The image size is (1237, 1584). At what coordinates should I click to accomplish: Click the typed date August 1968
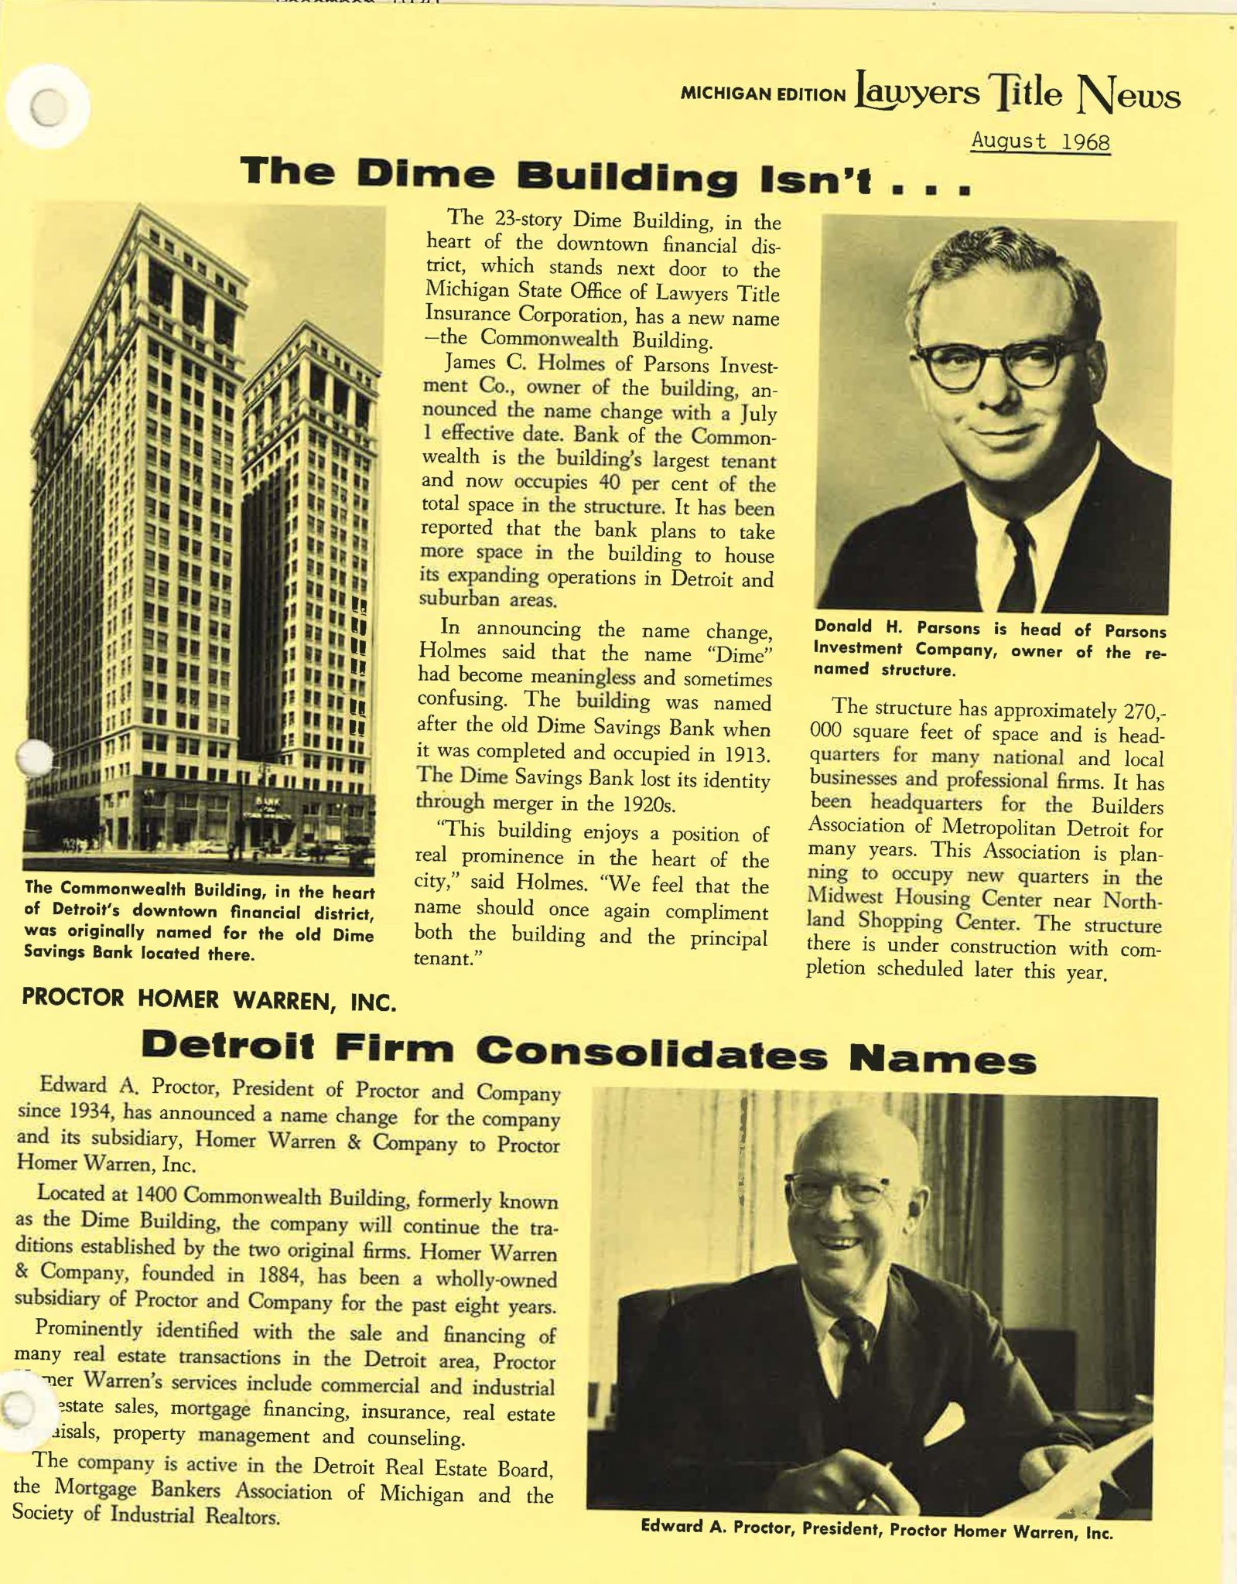point(1040,142)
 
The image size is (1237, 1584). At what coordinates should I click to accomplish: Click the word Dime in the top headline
point(425,174)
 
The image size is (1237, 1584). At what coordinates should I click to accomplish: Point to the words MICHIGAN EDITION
point(763,95)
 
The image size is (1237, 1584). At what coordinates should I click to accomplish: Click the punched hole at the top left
point(49,108)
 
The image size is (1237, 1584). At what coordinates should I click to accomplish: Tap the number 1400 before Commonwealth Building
point(156,1193)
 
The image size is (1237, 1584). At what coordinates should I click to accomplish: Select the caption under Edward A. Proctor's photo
point(876,1529)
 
